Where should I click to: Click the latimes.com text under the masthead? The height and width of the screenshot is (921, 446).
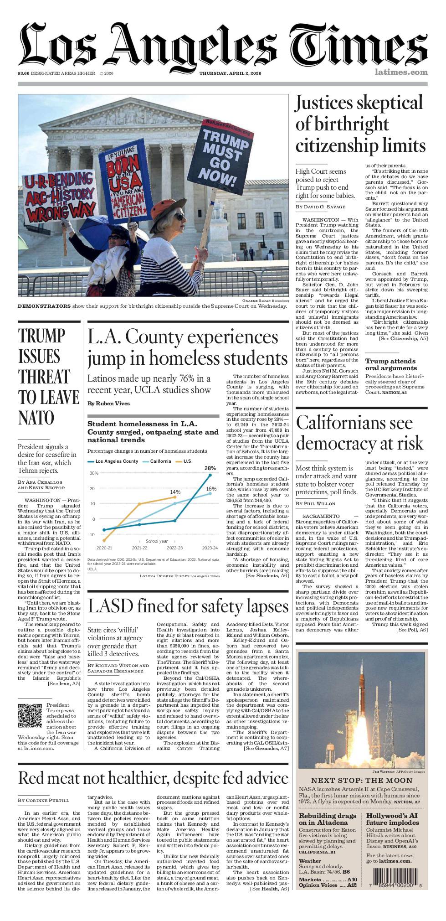(401, 72)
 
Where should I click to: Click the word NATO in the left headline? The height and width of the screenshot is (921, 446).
(36, 418)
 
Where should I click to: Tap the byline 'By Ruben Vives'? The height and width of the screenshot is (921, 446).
(108, 404)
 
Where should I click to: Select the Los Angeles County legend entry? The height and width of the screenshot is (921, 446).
(113, 461)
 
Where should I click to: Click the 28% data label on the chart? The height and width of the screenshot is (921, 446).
(210, 468)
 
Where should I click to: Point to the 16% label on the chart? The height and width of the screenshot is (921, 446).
(211, 488)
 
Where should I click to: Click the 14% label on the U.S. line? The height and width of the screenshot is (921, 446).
(175, 492)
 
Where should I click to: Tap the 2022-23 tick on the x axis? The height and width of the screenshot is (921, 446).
(174, 548)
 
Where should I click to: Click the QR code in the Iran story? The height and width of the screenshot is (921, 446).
(30, 716)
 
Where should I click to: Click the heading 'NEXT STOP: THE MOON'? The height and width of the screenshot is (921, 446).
(362, 780)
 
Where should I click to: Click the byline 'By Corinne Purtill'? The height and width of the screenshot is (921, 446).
(44, 800)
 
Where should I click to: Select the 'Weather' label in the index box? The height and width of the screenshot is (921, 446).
(310, 861)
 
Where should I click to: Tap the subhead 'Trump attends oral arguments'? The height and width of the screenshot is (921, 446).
(391, 364)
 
